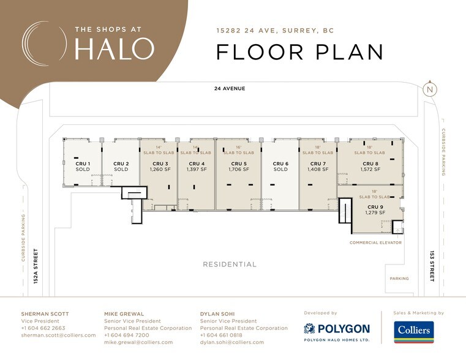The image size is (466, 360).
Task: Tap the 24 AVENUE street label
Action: [230, 89]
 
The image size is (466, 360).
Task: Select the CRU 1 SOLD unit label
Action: [83, 167]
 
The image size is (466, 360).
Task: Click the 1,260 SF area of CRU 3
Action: [159, 170]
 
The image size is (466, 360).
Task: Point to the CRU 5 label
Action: [238, 163]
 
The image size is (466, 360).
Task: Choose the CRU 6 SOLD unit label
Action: [280, 167]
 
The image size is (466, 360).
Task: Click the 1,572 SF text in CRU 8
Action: [370, 170]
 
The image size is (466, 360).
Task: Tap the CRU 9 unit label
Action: [374, 207]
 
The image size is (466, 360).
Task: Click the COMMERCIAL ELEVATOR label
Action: [375, 243]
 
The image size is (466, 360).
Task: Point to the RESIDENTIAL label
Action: [230, 264]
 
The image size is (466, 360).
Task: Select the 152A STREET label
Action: [36, 266]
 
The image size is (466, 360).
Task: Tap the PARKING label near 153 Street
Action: [399, 279]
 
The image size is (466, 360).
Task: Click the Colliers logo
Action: [413, 332]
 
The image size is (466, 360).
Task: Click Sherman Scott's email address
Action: [58, 336]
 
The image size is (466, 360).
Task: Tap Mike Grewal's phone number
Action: [126, 336]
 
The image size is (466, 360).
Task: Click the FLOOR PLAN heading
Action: [300, 52]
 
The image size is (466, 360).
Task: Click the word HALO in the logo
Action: [114, 49]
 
